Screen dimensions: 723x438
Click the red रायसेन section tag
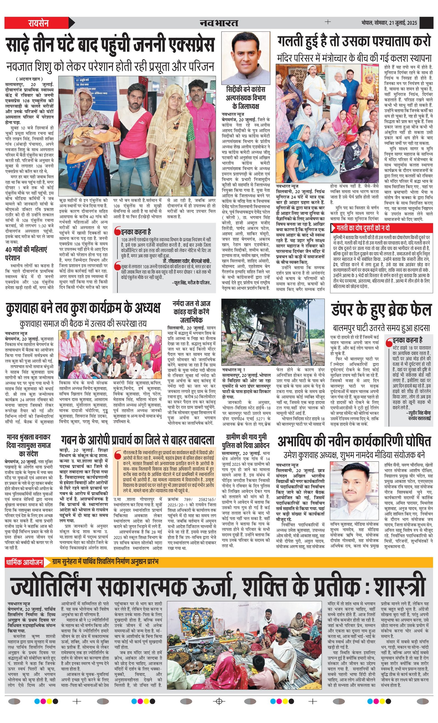click(38, 23)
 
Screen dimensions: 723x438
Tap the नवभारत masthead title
click(219, 23)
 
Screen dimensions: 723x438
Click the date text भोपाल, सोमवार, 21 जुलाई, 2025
click(389, 23)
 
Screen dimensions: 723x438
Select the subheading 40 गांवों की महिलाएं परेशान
click(26, 254)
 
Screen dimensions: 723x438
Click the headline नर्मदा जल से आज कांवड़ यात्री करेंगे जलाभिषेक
click(192, 312)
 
